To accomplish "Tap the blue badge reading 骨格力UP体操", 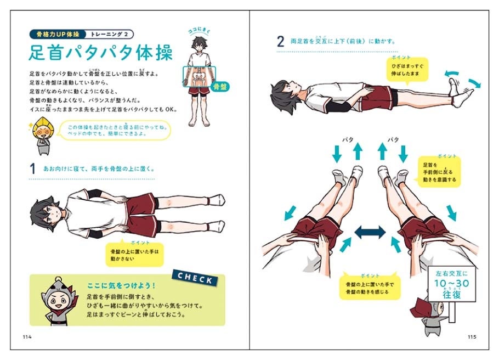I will click(56, 34).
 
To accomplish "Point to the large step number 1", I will click(32, 168).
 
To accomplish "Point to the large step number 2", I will click(280, 41).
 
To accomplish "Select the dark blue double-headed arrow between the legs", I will click(370, 232).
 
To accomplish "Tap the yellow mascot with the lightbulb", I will click(42, 134).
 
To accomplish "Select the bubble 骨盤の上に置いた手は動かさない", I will click(134, 254).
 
